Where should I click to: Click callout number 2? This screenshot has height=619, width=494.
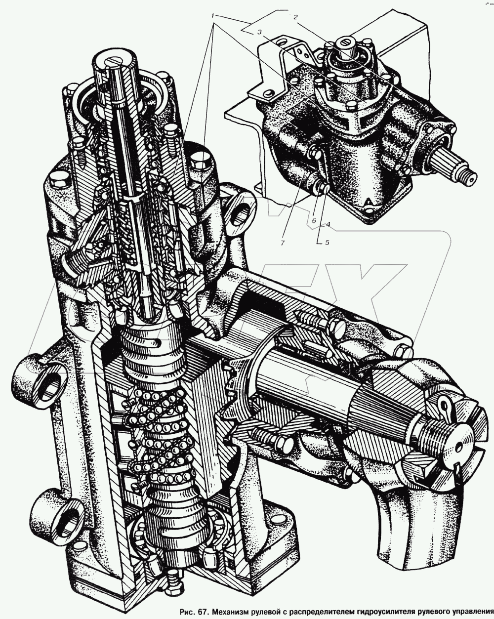[295, 17]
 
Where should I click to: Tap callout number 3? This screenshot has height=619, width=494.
[259, 33]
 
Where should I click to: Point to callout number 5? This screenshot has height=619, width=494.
[327, 242]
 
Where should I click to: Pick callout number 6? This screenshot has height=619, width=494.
[314, 221]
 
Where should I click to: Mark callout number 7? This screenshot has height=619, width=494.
[283, 243]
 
